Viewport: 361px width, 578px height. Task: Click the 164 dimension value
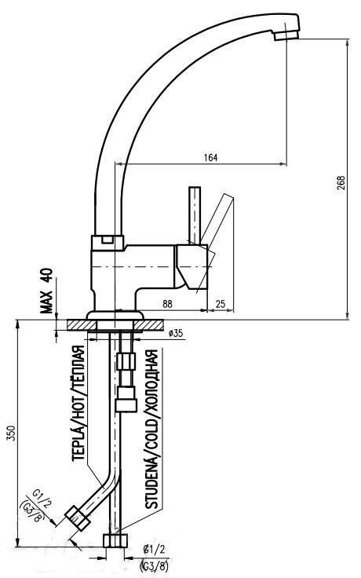(x=210, y=157)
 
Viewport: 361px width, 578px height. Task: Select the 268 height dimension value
(x=341, y=183)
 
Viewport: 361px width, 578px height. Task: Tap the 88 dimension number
(x=167, y=304)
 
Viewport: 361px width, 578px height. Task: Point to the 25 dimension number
(x=221, y=304)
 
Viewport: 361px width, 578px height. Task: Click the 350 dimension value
(x=12, y=433)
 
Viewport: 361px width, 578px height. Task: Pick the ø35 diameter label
(x=175, y=333)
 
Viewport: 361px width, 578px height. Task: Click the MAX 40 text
(x=47, y=291)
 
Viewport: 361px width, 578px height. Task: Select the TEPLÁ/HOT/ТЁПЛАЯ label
(x=78, y=403)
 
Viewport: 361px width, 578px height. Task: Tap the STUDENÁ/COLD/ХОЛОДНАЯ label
(x=151, y=429)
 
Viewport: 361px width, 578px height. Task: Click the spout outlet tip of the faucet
(x=286, y=35)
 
